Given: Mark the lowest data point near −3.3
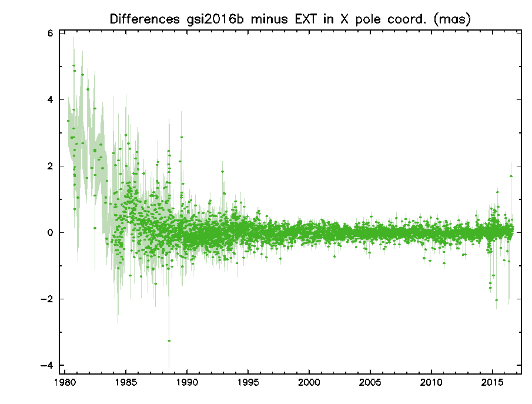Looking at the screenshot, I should click(169, 340).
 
